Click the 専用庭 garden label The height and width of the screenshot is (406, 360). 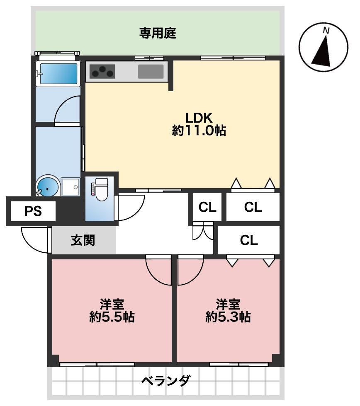click(x=158, y=33)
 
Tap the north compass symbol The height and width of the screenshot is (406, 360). click(x=323, y=47)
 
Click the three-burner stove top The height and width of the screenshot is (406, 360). click(x=102, y=71)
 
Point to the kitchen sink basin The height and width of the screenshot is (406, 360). click(x=151, y=71)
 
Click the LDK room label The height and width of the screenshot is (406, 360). click(x=199, y=118)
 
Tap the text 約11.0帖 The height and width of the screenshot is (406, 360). click(x=199, y=130)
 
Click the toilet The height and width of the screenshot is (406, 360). click(x=100, y=189)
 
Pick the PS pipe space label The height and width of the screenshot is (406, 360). click(x=33, y=211)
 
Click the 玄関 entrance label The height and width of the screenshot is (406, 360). click(x=83, y=240)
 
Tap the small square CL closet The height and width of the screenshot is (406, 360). click(x=207, y=207)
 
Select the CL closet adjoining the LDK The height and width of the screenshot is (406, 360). click(x=253, y=207)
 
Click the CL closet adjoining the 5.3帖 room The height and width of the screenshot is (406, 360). click(x=249, y=240)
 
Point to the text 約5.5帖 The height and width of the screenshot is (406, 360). click(x=112, y=317)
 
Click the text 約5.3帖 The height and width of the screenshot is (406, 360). click(x=228, y=317)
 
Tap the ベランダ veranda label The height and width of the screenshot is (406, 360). click(x=166, y=381)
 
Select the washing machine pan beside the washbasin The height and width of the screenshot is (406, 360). click(x=71, y=187)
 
